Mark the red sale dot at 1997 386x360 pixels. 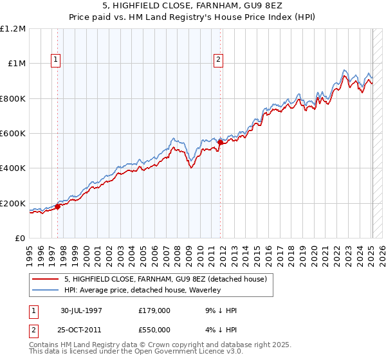pos(57,206)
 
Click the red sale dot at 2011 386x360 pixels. pos(220,142)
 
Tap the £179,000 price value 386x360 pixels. pos(154,310)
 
